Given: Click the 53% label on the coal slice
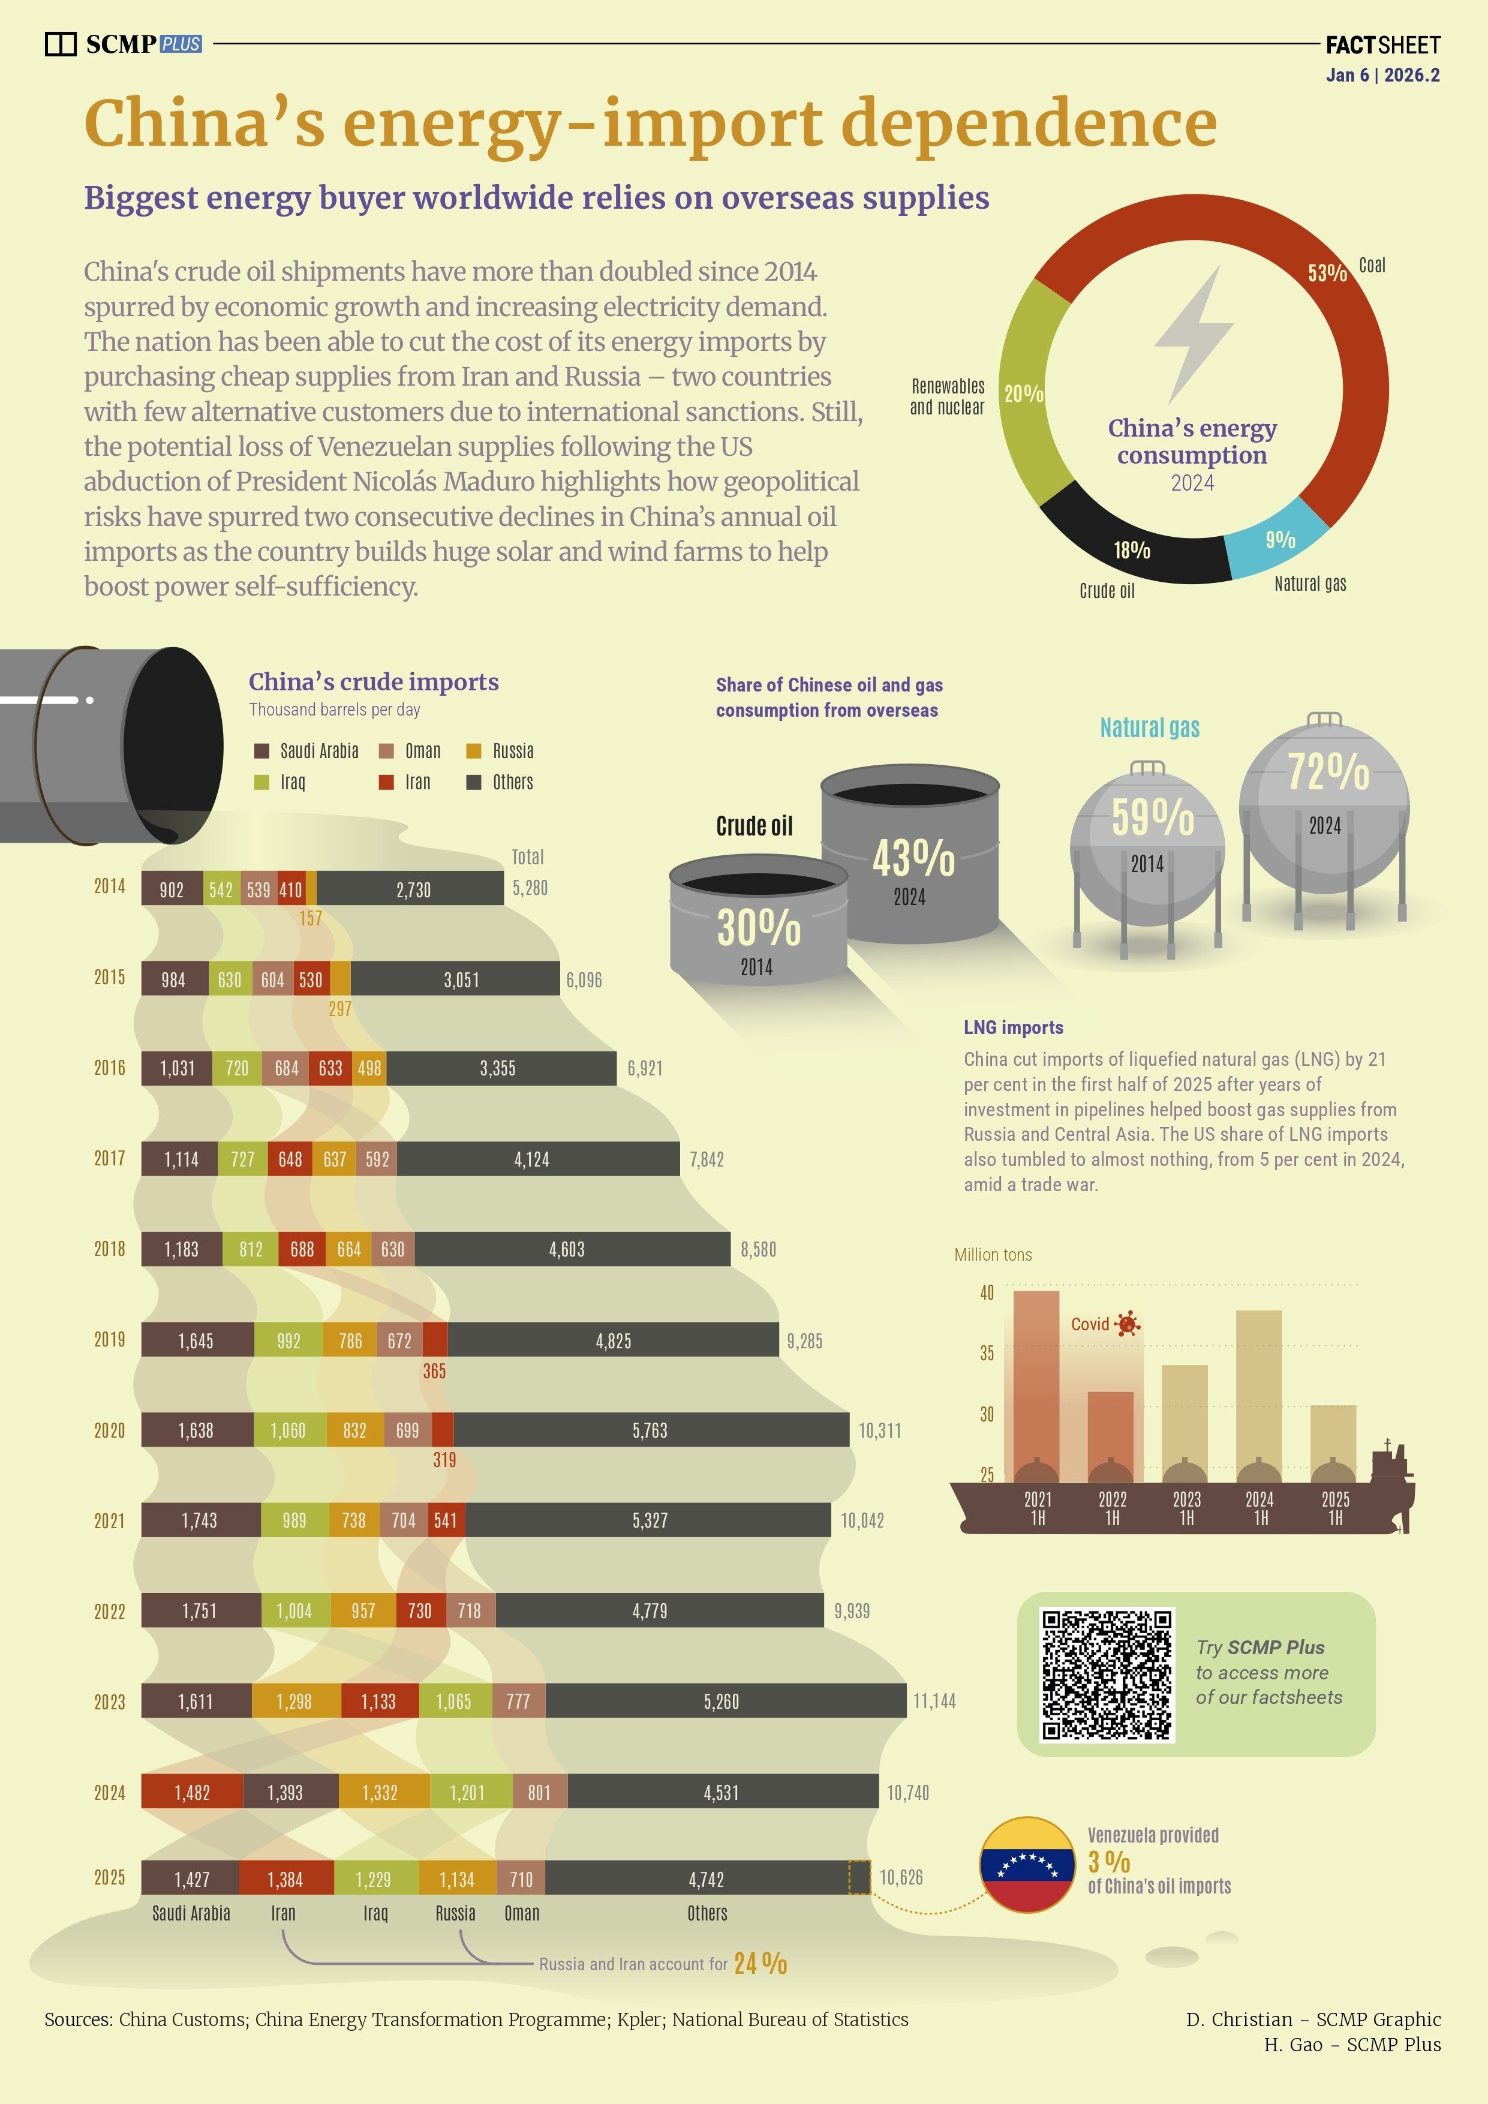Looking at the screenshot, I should click(x=1327, y=272).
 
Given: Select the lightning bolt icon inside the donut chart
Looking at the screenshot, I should click(x=1195, y=335).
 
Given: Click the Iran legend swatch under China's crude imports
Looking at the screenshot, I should click(x=387, y=782).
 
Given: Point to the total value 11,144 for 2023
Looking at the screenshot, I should click(x=934, y=1701).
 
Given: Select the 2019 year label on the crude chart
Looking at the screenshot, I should click(x=109, y=1340).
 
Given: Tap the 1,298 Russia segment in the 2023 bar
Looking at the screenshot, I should click(x=294, y=1701).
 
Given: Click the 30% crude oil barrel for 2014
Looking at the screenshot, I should click(x=759, y=921).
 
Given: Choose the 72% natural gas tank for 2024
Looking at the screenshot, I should click(x=1325, y=807).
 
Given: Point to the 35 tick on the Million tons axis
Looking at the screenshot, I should click(x=986, y=1354).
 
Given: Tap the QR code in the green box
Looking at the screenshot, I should click(x=1107, y=1674).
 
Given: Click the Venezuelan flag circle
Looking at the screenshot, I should click(x=1027, y=1864).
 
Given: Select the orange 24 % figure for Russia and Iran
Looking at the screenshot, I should click(x=759, y=1963).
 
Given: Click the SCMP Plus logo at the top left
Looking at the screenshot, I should click(x=124, y=44).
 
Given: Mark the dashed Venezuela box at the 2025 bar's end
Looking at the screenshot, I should click(x=858, y=1877).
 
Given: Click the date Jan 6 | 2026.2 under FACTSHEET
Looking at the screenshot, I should click(x=1382, y=75).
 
